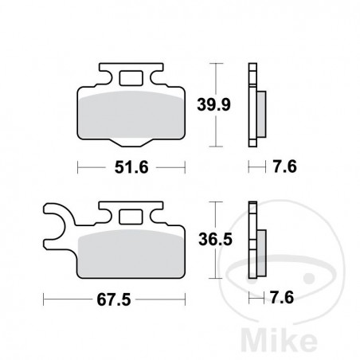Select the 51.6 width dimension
[131, 166]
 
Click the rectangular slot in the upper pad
[131, 79]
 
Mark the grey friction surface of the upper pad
[131, 112]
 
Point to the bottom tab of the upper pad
[131, 144]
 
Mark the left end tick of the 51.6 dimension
[78, 166]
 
